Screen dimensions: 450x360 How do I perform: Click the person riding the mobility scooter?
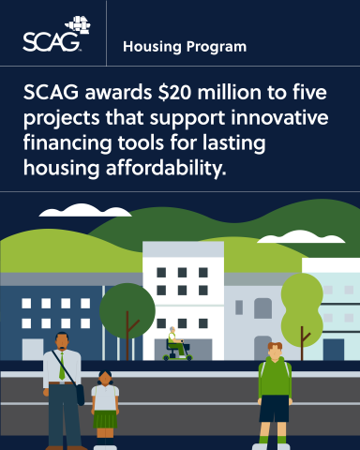pyautogui.click(x=173, y=342)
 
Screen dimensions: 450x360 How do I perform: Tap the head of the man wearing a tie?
pyautogui.click(x=61, y=342)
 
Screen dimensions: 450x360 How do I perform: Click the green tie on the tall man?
pyautogui.click(x=62, y=367)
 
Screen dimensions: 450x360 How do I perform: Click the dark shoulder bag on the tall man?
pyautogui.click(x=81, y=395)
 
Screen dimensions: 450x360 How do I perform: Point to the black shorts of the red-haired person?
pyautogui.click(x=274, y=409)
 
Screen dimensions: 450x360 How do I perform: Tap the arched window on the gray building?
pyautogui.click(x=262, y=308)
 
